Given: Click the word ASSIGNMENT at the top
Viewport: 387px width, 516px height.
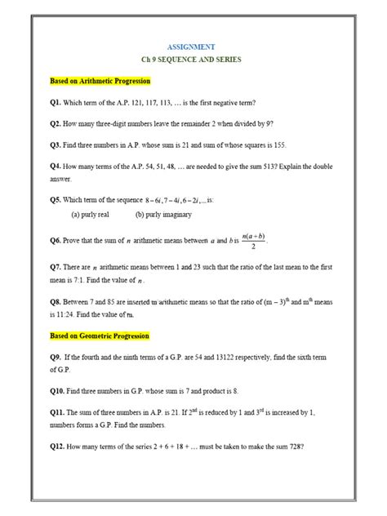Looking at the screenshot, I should pyautogui.click(x=193, y=47).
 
